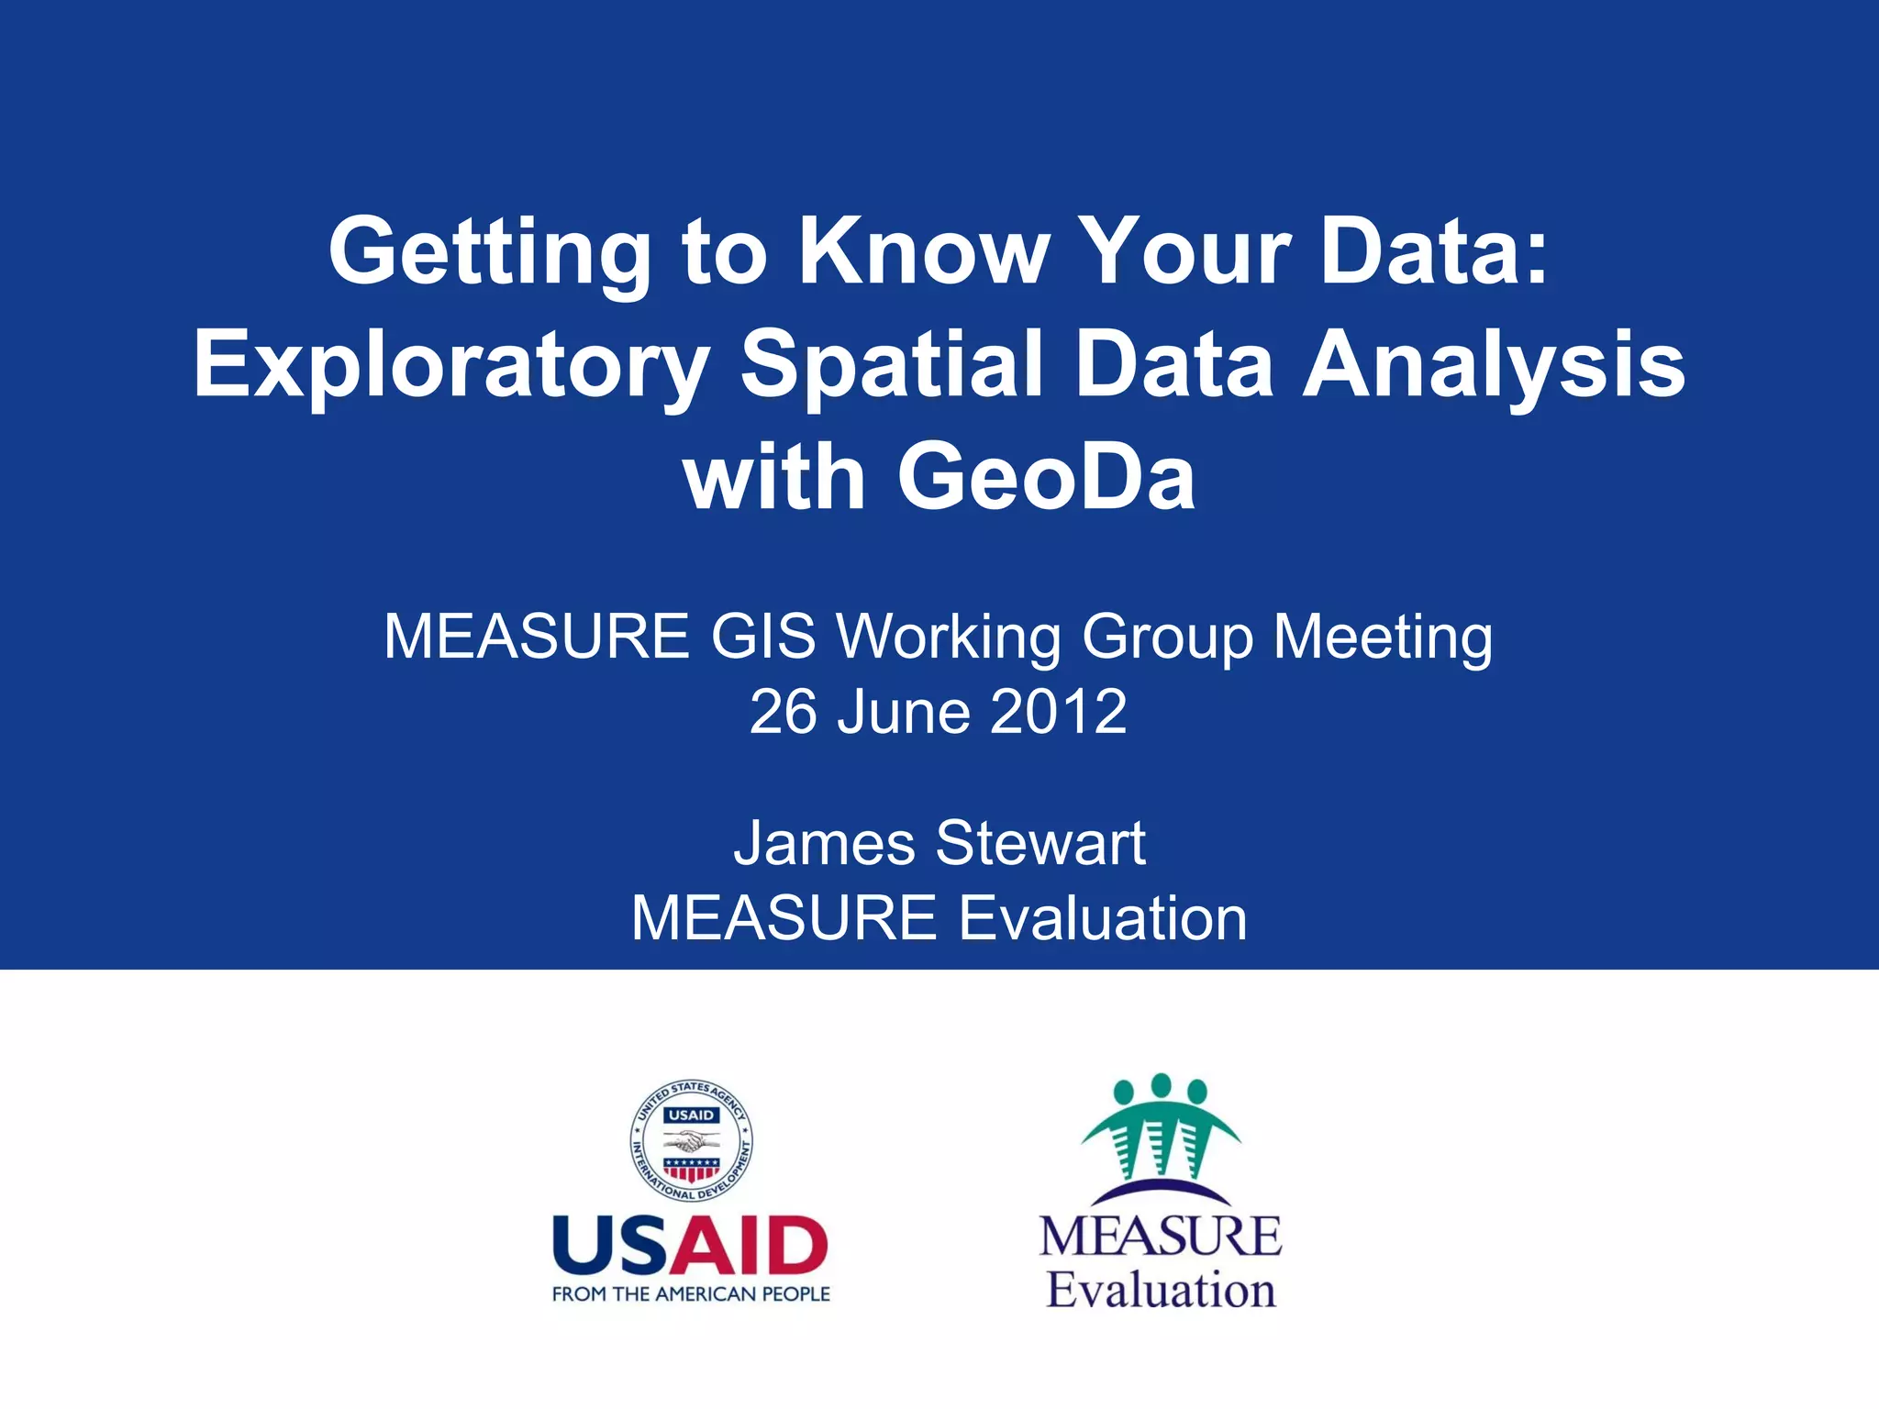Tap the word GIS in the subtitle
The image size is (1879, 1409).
click(x=763, y=637)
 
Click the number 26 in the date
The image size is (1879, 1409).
click(x=783, y=712)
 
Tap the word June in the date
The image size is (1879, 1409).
click(x=903, y=712)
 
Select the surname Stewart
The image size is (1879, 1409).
click(x=1040, y=843)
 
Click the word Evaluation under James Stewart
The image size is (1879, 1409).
click(x=1102, y=918)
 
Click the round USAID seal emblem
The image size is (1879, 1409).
click(x=692, y=1141)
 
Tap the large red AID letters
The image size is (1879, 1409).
click(x=749, y=1246)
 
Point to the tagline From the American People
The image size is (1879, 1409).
click(x=691, y=1294)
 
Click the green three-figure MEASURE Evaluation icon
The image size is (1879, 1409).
click(x=1161, y=1128)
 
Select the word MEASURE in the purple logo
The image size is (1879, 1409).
click(x=1161, y=1236)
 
